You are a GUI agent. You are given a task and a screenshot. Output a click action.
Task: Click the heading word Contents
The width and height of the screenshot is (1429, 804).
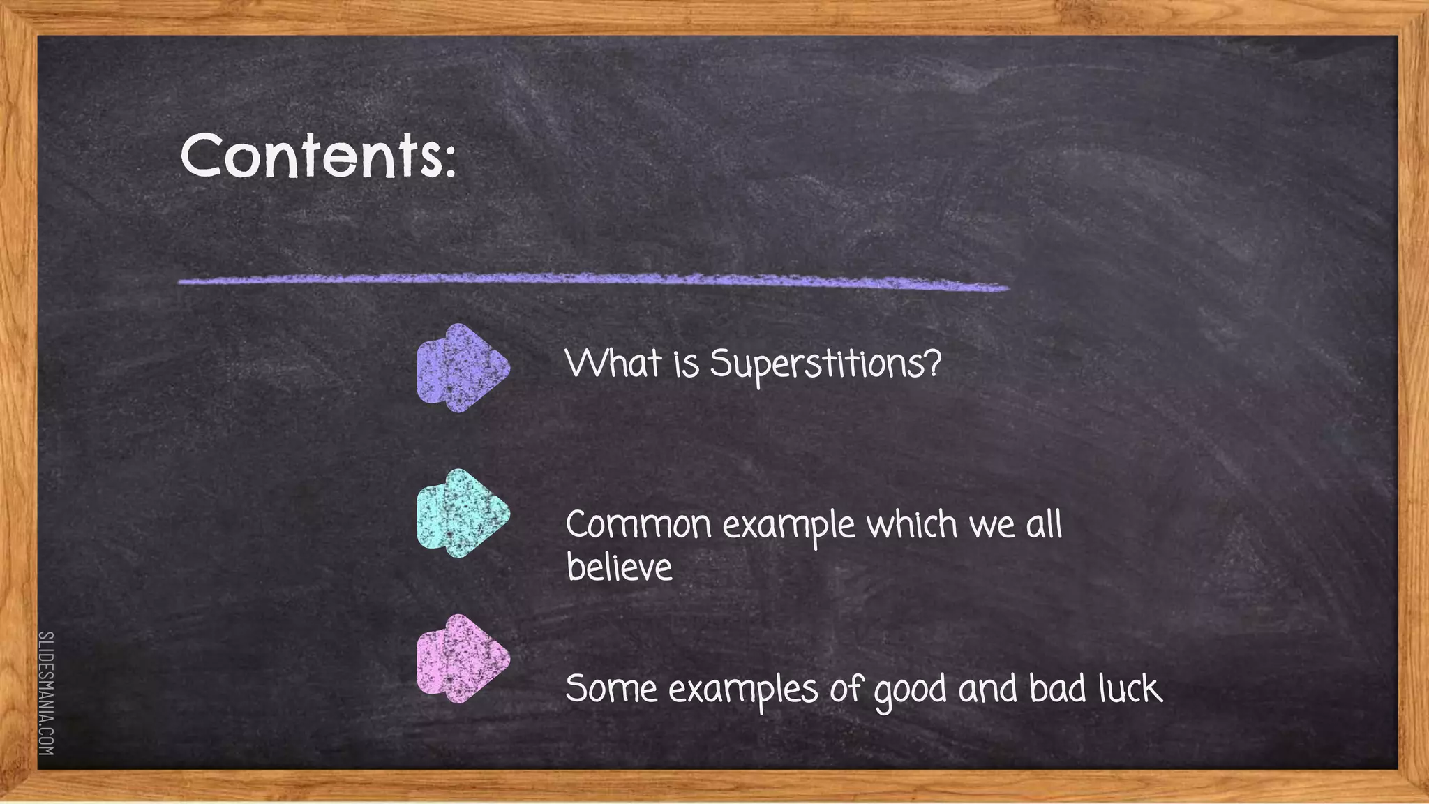coord(311,155)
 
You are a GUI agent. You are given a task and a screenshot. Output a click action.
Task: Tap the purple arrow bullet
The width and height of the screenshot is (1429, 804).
coord(463,368)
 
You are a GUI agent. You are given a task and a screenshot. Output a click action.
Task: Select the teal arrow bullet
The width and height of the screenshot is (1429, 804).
coord(463,514)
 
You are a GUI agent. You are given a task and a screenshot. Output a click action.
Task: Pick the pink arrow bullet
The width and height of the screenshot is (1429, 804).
coord(463,659)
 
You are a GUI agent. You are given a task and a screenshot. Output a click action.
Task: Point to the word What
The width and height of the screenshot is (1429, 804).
coord(613,363)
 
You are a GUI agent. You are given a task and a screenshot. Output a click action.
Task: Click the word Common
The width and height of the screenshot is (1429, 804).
coord(638,525)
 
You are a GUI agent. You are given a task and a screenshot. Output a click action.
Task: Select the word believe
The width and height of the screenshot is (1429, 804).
coord(619,567)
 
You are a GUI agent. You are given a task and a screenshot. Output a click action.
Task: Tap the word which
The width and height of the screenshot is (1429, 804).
coord(911,524)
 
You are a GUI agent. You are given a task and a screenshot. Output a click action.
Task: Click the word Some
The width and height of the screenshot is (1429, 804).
coord(611,689)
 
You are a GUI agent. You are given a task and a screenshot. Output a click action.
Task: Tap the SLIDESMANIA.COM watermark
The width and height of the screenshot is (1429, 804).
coord(46,693)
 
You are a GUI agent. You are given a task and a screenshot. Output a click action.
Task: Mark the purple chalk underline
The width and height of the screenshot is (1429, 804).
coord(593,281)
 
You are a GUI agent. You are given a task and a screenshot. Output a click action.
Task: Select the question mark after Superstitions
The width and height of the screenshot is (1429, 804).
coord(933,363)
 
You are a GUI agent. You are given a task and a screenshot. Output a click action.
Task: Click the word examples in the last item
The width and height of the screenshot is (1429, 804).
coord(743,690)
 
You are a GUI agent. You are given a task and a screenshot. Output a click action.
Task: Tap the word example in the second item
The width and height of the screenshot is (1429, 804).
coord(788,526)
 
